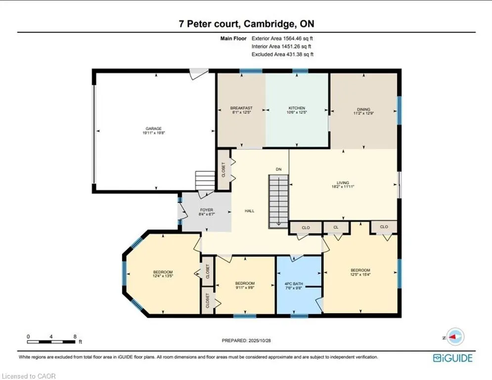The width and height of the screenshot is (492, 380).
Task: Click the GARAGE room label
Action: pyautogui.click(x=153, y=129)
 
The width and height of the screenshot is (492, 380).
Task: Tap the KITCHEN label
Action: pyautogui.click(x=297, y=108)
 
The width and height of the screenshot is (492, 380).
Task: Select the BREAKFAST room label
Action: pyautogui.click(x=241, y=108)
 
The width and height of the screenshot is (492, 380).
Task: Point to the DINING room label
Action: pyautogui.click(x=363, y=109)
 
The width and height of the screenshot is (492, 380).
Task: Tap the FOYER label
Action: pyautogui.click(x=206, y=210)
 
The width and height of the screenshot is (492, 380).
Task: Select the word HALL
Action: pyautogui.click(x=250, y=211)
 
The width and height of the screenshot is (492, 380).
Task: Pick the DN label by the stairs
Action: pyautogui.click(x=279, y=170)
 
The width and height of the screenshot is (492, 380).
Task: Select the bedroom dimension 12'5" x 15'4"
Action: pyautogui.click(x=359, y=275)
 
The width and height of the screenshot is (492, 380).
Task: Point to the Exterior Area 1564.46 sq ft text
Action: pyautogui.click(x=282, y=38)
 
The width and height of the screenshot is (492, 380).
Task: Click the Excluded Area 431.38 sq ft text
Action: pyautogui.click(x=282, y=54)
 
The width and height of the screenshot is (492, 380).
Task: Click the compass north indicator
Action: pyautogui.click(x=454, y=336)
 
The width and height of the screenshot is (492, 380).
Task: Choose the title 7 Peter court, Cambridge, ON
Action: pyautogui.click(x=246, y=24)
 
